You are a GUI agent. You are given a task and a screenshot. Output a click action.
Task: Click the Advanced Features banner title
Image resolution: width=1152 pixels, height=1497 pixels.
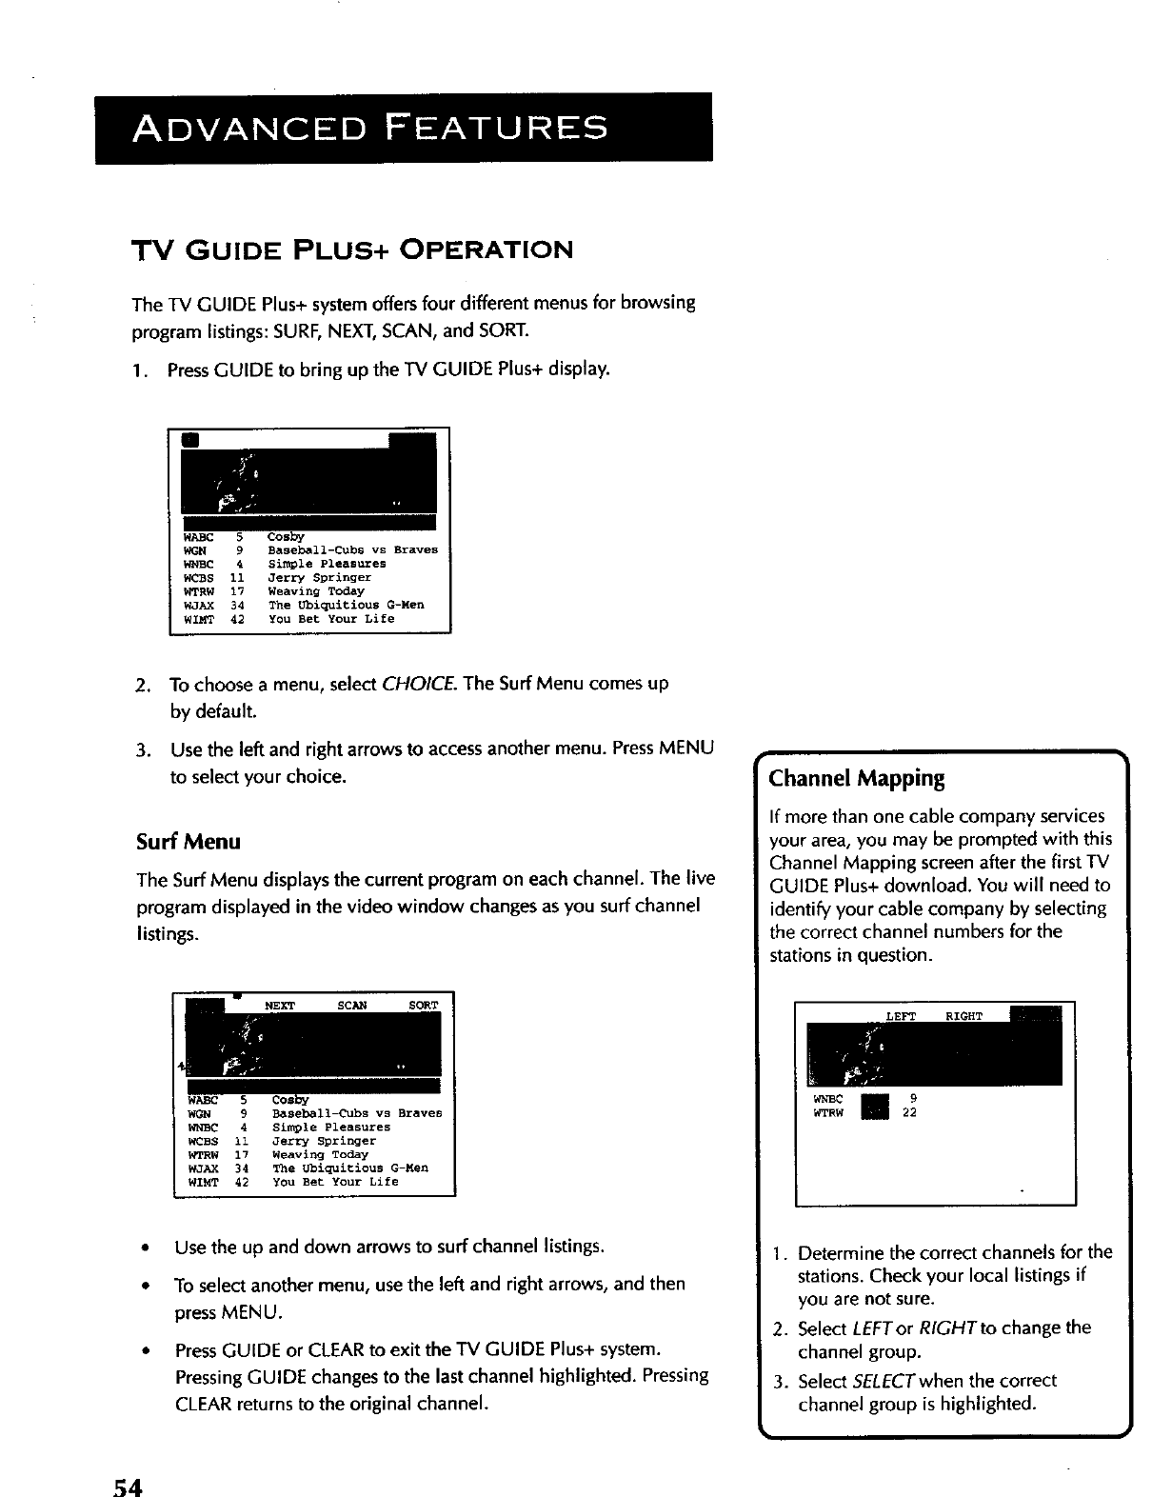[x=370, y=128]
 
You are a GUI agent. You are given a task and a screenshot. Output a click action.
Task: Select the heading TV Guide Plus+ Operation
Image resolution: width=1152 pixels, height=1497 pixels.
[x=351, y=250]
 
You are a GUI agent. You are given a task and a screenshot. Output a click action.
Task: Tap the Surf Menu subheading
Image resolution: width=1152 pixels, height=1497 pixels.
[x=188, y=842]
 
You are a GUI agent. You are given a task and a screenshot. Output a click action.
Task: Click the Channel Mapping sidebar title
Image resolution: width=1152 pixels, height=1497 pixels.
[x=856, y=779]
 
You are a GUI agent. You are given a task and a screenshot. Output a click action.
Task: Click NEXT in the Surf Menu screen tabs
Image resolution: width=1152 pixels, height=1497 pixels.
[x=280, y=1006]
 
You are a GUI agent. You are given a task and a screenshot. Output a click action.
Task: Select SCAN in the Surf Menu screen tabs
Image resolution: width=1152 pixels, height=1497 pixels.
[x=352, y=1006]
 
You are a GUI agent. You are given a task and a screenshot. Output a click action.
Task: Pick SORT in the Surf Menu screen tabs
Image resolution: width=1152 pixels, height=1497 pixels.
[x=423, y=1006]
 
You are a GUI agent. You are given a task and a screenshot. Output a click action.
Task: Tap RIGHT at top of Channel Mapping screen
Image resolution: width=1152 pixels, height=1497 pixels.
[x=963, y=1016]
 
